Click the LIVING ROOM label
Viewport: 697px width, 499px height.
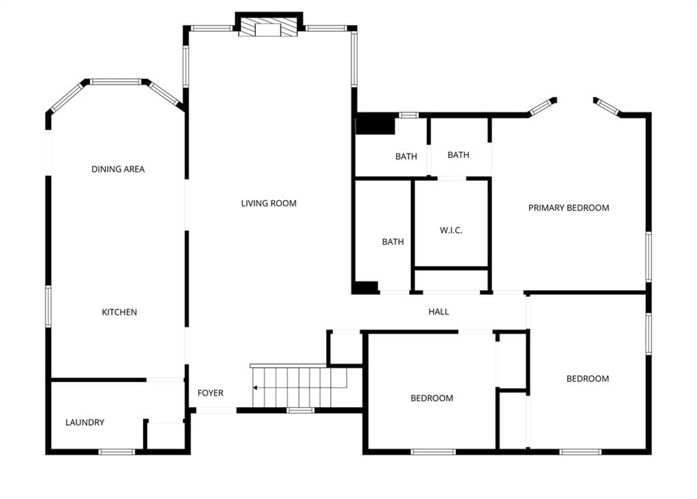click(268, 204)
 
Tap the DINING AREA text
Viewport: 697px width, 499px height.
click(118, 169)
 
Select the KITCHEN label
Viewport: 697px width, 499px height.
click(119, 312)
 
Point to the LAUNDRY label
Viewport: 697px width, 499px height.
click(84, 423)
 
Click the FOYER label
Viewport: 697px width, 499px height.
click(210, 393)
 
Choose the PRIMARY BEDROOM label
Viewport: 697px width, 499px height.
click(568, 208)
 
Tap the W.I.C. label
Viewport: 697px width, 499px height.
click(451, 230)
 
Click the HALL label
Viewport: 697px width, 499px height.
click(438, 312)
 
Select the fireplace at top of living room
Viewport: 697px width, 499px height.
click(268, 27)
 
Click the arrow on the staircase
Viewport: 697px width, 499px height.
click(299, 388)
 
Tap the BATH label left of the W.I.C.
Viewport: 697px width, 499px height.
click(393, 242)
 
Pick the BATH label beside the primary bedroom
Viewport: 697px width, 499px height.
click(458, 155)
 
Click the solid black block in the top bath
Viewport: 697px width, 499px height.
click(375, 124)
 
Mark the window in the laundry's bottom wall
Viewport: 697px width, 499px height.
click(116, 452)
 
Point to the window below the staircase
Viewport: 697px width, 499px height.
click(300, 410)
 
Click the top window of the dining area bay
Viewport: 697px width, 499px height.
click(116, 82)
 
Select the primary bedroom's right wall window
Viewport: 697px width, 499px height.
click(649, 257)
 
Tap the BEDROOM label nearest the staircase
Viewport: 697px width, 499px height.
click(432, 398)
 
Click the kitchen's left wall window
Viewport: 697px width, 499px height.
click(48, 307)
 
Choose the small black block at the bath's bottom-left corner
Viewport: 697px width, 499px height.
click(365, 288)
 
